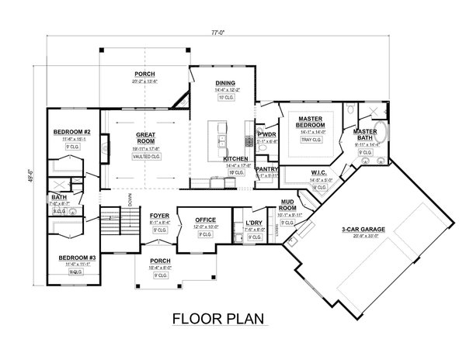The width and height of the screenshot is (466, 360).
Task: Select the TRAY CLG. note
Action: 310,141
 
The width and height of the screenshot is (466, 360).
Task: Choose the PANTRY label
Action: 267,168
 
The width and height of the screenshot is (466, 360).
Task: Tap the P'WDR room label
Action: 268,133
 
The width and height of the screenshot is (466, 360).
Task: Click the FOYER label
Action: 158,216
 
